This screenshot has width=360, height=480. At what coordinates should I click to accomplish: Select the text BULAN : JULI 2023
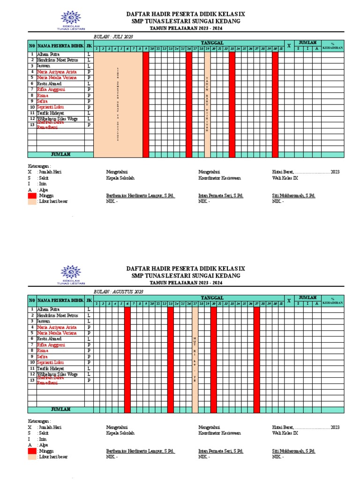113,36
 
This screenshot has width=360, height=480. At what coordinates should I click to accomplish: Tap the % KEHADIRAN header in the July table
332,45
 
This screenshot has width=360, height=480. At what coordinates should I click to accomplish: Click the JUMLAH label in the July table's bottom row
60,154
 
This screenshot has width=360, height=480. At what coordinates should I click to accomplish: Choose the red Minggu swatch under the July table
31,196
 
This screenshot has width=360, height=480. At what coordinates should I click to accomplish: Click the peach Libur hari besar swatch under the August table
31,457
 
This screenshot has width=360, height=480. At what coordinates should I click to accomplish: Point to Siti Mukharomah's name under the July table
293,195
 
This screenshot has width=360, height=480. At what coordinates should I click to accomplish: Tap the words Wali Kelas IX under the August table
285,433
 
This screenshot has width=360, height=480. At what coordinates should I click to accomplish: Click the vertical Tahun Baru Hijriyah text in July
207,103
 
